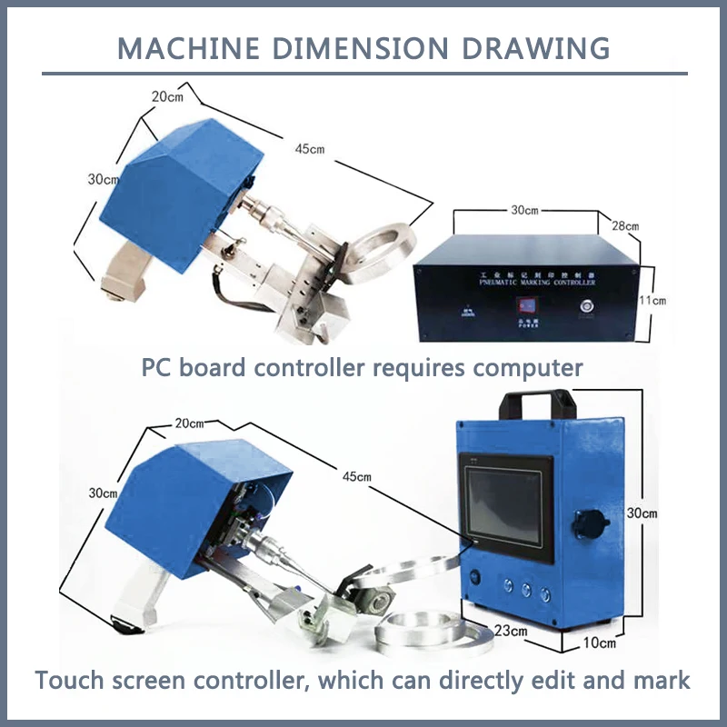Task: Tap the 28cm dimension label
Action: pyautogui.click(x=624, y=225)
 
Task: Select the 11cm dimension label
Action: pyautogui.click(x=652, y=300)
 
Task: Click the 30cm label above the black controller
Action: pyautogui.click(x=524, y=210)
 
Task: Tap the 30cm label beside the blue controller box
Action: pyautogui.click(x=642, y=513)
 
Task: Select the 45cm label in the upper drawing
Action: pyautogui.click(x=312, y=149)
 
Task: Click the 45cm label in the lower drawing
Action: pyautogui.click(x=356, y=476)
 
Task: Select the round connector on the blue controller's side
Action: pyautogui.click(x=583, y=524)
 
